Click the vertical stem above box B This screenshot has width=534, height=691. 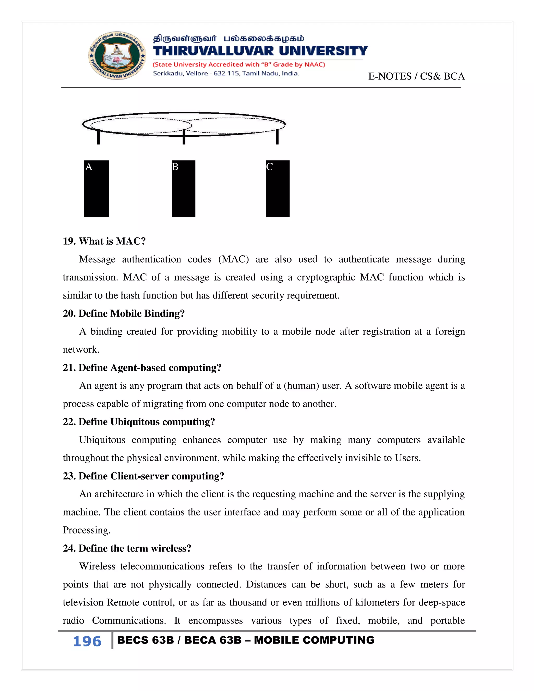(x=184, y=137)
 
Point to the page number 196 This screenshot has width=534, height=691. (x=87, y=641)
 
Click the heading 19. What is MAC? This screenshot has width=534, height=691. (x=104, y=241)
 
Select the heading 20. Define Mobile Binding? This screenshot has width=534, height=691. (x=123, y=313)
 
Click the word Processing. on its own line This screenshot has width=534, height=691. (x=86, y=530)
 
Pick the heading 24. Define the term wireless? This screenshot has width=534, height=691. (x=127, y=548)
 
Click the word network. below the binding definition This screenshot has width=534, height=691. (x=81, y=349)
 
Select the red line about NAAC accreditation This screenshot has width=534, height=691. (x=239, y=65)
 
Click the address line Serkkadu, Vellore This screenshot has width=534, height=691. (x=226, y=74)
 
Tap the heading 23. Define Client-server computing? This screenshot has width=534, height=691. (x=143, y=476)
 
